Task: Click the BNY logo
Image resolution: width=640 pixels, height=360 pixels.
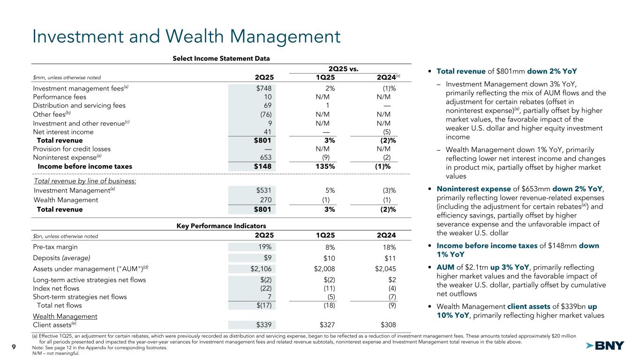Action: tap(605, 346)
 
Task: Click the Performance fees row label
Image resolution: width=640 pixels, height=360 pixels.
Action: tap(59, 97)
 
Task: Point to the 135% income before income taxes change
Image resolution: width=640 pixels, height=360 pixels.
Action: tap(326, 166)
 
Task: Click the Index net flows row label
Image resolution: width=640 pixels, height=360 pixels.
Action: tap(56, 288)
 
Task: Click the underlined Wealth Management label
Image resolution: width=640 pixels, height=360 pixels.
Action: tap(65, 316)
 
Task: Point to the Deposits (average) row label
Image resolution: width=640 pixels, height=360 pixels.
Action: tap(61, 257)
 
